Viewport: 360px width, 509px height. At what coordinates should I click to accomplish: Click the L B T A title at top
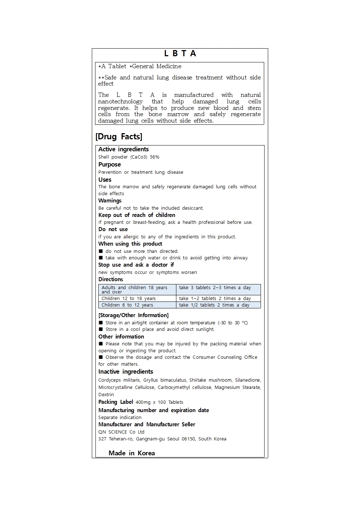[180, 54]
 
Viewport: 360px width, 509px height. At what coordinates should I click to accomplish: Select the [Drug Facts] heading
[119, 137]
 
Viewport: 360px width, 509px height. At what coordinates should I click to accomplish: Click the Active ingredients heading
[123, 149]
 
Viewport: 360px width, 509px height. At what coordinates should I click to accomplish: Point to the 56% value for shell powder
[155, 157]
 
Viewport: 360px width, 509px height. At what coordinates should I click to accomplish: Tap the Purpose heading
[110, 165]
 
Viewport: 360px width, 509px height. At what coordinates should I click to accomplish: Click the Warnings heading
[110, 201]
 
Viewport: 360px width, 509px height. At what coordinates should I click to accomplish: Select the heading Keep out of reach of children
[137, 215]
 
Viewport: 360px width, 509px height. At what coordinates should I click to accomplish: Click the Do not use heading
[113, 229]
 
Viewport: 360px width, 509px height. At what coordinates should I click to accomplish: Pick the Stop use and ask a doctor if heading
[136, 265]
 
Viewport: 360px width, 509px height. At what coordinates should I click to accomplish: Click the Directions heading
[111, 279]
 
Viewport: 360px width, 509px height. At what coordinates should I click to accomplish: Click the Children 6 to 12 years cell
[127, 305]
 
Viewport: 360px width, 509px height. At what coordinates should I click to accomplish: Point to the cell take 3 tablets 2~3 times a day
[215, 288]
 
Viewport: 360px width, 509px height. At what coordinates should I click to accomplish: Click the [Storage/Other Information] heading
[134, 315]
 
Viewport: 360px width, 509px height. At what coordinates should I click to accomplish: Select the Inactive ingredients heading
[126, 372]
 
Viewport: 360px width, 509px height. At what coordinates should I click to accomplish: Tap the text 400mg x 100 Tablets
[159, 402]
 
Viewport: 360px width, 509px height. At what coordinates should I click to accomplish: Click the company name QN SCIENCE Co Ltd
[121, 432]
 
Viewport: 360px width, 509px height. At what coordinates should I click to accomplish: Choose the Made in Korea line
[132, 453]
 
